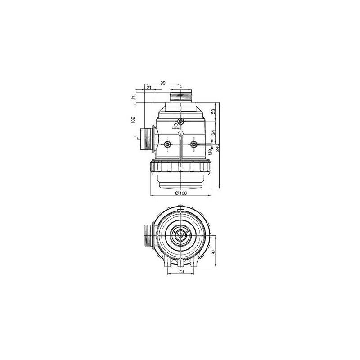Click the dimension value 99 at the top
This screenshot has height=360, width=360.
(163, 83)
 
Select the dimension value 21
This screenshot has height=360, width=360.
(149, 88)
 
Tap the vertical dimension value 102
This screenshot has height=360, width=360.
(133, 120)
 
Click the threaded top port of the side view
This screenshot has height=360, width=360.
(181, 96)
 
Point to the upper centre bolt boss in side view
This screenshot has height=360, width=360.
(181, 121)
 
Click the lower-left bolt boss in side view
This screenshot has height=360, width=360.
(167, 144)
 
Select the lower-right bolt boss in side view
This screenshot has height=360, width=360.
(194, 144)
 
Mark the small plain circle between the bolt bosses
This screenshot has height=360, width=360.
(180, 134)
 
